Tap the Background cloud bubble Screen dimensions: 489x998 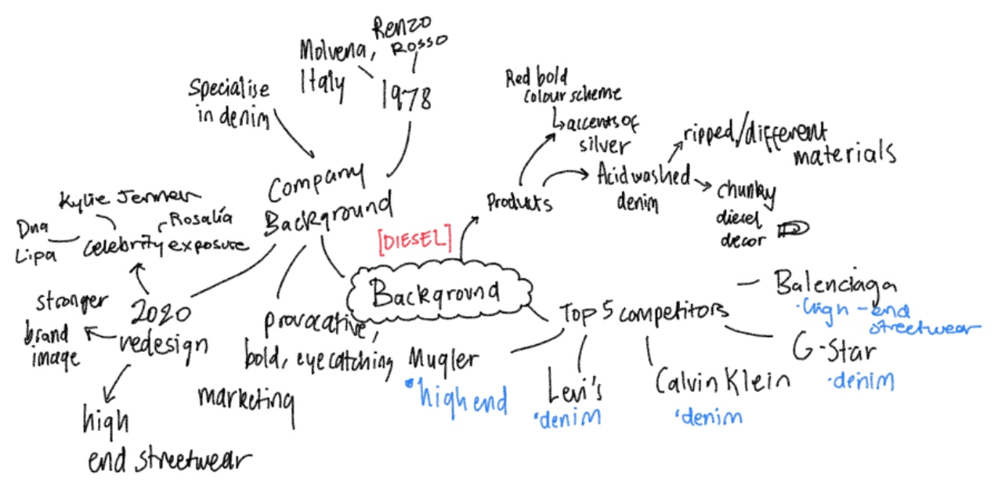(x=435, y=293)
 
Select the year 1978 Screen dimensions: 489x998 (x=407, y=96)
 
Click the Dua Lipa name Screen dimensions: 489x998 (x=34, y=242)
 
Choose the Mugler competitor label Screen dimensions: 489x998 (x=443, y=359)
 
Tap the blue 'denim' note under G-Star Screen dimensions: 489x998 (x=862, y=382)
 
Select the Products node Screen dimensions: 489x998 (x=519, y=202)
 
